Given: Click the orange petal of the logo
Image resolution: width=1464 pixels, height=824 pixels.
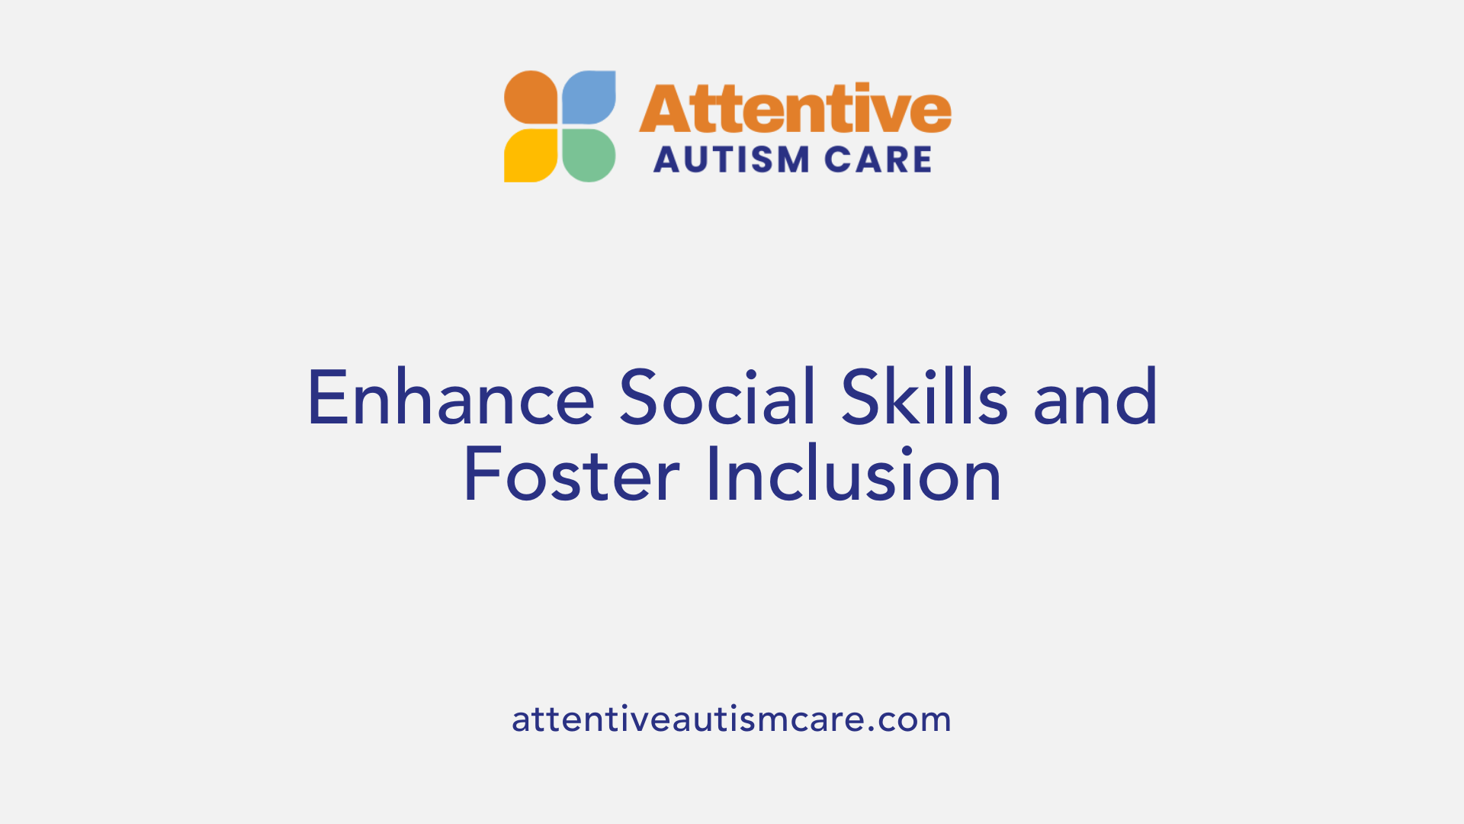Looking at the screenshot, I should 531,97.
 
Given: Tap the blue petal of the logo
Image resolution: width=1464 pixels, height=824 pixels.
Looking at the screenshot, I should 589,97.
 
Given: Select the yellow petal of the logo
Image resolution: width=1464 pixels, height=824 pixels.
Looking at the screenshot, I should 531,156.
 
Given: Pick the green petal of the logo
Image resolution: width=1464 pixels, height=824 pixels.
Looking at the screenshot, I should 589,156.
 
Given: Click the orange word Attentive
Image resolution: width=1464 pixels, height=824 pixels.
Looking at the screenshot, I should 795,109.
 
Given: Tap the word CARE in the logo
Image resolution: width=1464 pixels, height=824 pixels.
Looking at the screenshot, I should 878,160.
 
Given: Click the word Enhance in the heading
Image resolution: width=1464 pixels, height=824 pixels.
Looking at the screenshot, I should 451,398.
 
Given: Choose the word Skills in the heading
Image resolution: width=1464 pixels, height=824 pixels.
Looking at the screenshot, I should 925,398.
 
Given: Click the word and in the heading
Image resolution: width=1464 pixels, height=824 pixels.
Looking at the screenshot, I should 1096,398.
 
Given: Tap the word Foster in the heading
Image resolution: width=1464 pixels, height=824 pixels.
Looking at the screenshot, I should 571,475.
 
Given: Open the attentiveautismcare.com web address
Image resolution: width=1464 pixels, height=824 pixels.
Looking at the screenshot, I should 731,719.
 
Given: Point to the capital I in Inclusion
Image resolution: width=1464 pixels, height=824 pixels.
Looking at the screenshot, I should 712,475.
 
